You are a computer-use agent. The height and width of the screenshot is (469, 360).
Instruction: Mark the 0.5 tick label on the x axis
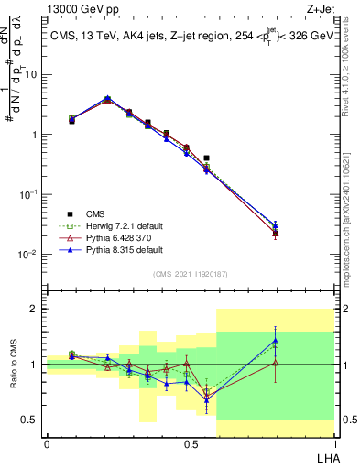190,443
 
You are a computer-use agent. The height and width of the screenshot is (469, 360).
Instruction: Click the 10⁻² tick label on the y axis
27,255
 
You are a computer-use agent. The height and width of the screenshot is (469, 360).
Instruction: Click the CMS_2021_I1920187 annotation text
191,274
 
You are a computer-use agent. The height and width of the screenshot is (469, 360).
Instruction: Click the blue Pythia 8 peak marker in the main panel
107,98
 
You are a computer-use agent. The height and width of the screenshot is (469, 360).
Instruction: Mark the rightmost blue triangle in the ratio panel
276,341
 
